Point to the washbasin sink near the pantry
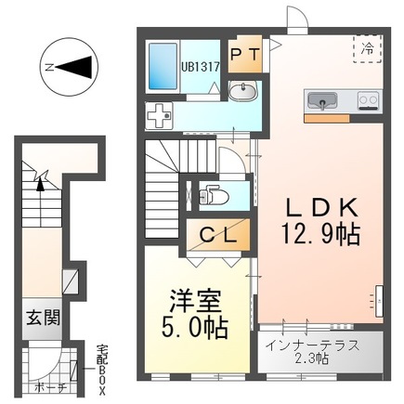point(243,92)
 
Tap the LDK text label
point(320,207)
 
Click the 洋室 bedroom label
point(196,301)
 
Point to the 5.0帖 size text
point(197,330)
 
